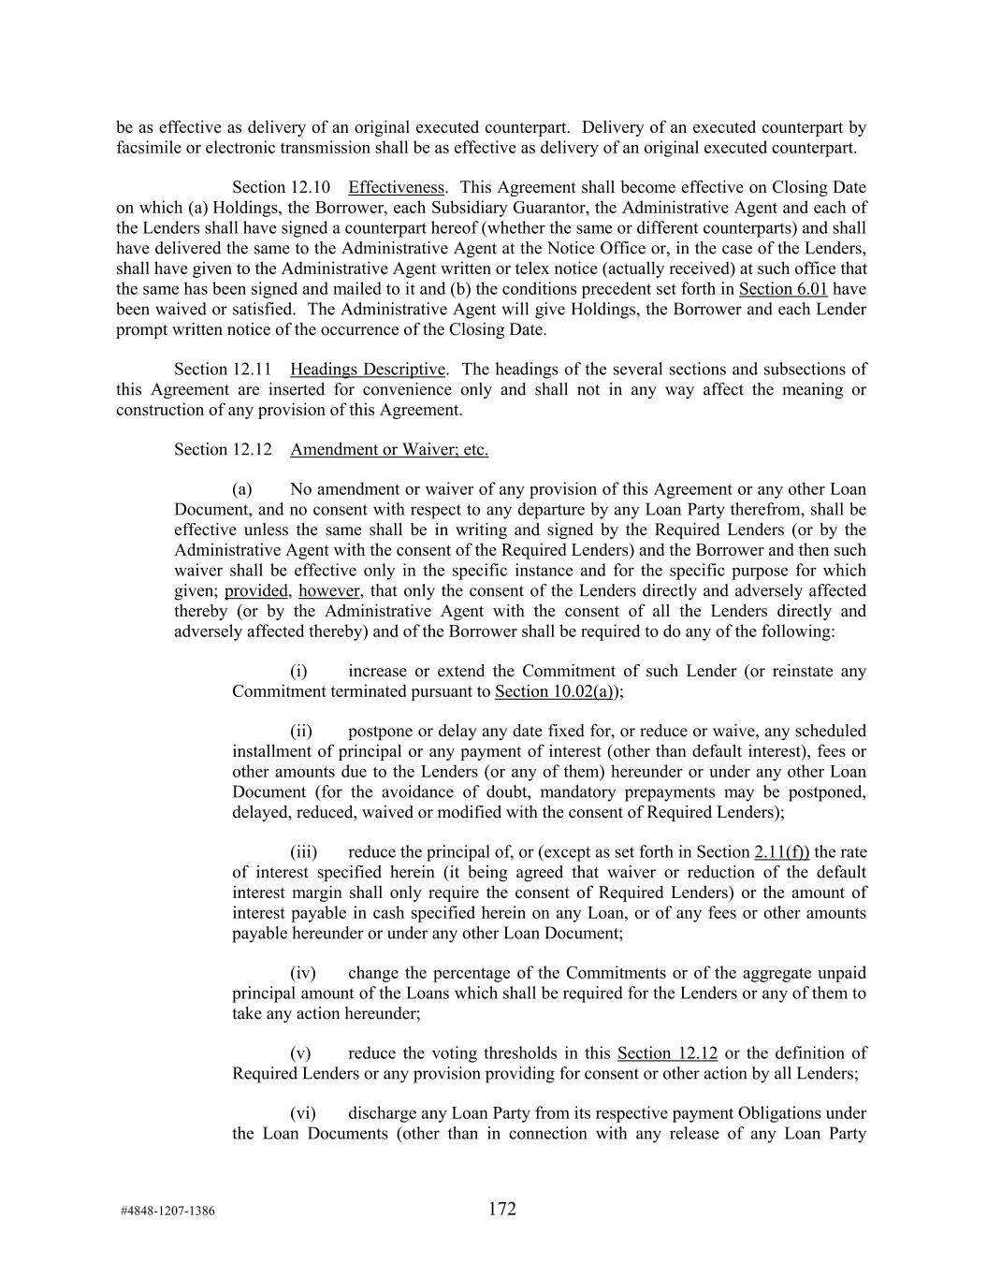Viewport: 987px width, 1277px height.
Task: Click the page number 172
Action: point(501,1209)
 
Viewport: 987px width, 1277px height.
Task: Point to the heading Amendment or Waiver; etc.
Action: point(389,450)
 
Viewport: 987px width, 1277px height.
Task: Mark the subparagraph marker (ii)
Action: point(300,732)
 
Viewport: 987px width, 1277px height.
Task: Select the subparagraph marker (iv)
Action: point(302,973)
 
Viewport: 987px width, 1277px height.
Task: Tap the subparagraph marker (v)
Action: point(300,1053)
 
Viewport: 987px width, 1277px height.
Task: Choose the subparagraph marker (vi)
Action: point(302,1114)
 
